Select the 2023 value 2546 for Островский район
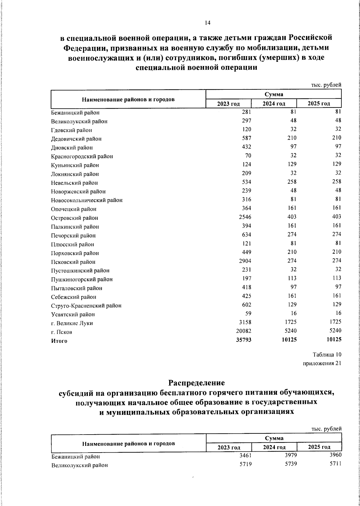click(x=245, y=217)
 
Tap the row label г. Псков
click(x=61, y=332)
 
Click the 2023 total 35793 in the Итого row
click(x=243, y=340)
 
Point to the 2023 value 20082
click(x=243, y=331)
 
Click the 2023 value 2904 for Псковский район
click(x=245, y=261)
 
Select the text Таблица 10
click(x=327, y=355)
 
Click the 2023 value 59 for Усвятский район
click(x=248, y=313)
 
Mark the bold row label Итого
click(x=59, y=341)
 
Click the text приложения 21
click(x=322, y=363)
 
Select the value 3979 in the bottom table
click(x=290, y=455)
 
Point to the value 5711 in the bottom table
click(x=335, y=464)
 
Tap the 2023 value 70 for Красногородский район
click(x=248, y=155)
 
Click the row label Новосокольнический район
click(x=87, y=200)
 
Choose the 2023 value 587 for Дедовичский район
click(x=246, y=138)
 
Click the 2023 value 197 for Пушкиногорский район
click(x=246, y=278)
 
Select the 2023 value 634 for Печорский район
click(x=246, y=234)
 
